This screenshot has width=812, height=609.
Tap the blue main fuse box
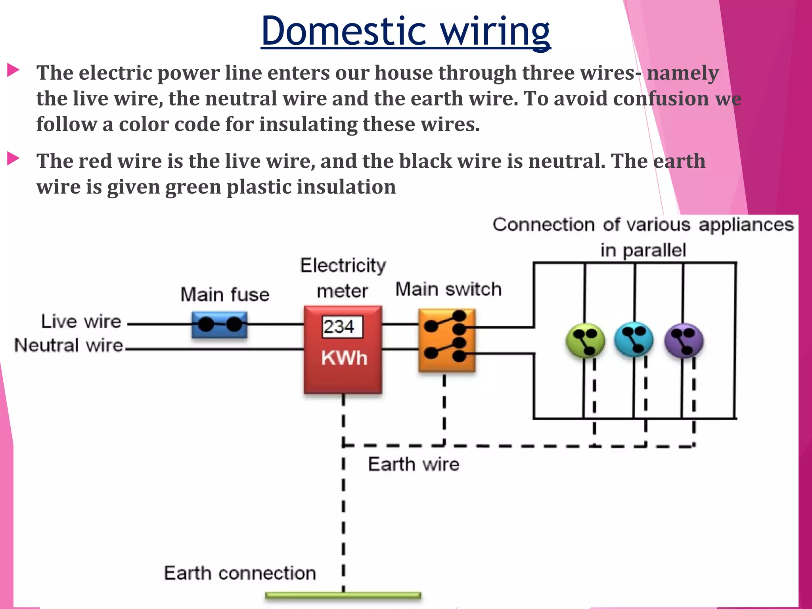[219, 325]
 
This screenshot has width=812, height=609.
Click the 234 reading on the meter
[339, 327]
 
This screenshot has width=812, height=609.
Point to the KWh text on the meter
[344, 358]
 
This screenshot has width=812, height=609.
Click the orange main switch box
[446, 340]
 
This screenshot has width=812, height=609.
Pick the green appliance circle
[585, 340]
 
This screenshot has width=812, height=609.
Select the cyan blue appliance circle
[634, 339]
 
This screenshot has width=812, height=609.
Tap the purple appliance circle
[684, 340]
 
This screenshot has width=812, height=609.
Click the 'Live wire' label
[81, 321]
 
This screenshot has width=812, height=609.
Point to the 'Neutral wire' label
[69, 345]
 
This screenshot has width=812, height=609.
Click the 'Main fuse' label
[225, 295]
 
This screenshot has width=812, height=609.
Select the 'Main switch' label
[448, 289]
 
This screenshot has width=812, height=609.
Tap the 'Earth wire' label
[413, 464]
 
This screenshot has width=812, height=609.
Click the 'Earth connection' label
[240, 573]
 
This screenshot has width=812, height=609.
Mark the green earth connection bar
[343, 595]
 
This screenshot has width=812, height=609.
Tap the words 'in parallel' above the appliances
[643, 250]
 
